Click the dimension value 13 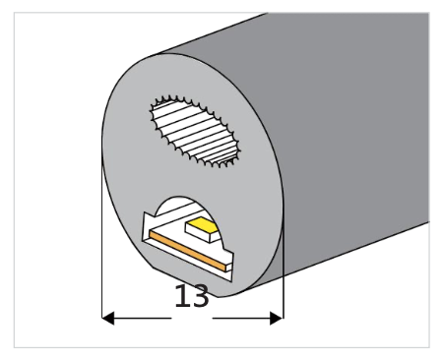(192, 297)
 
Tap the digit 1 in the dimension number (181, 297)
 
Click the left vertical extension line (103, 246)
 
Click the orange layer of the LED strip (187, 250)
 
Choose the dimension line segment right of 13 (246, 318)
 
